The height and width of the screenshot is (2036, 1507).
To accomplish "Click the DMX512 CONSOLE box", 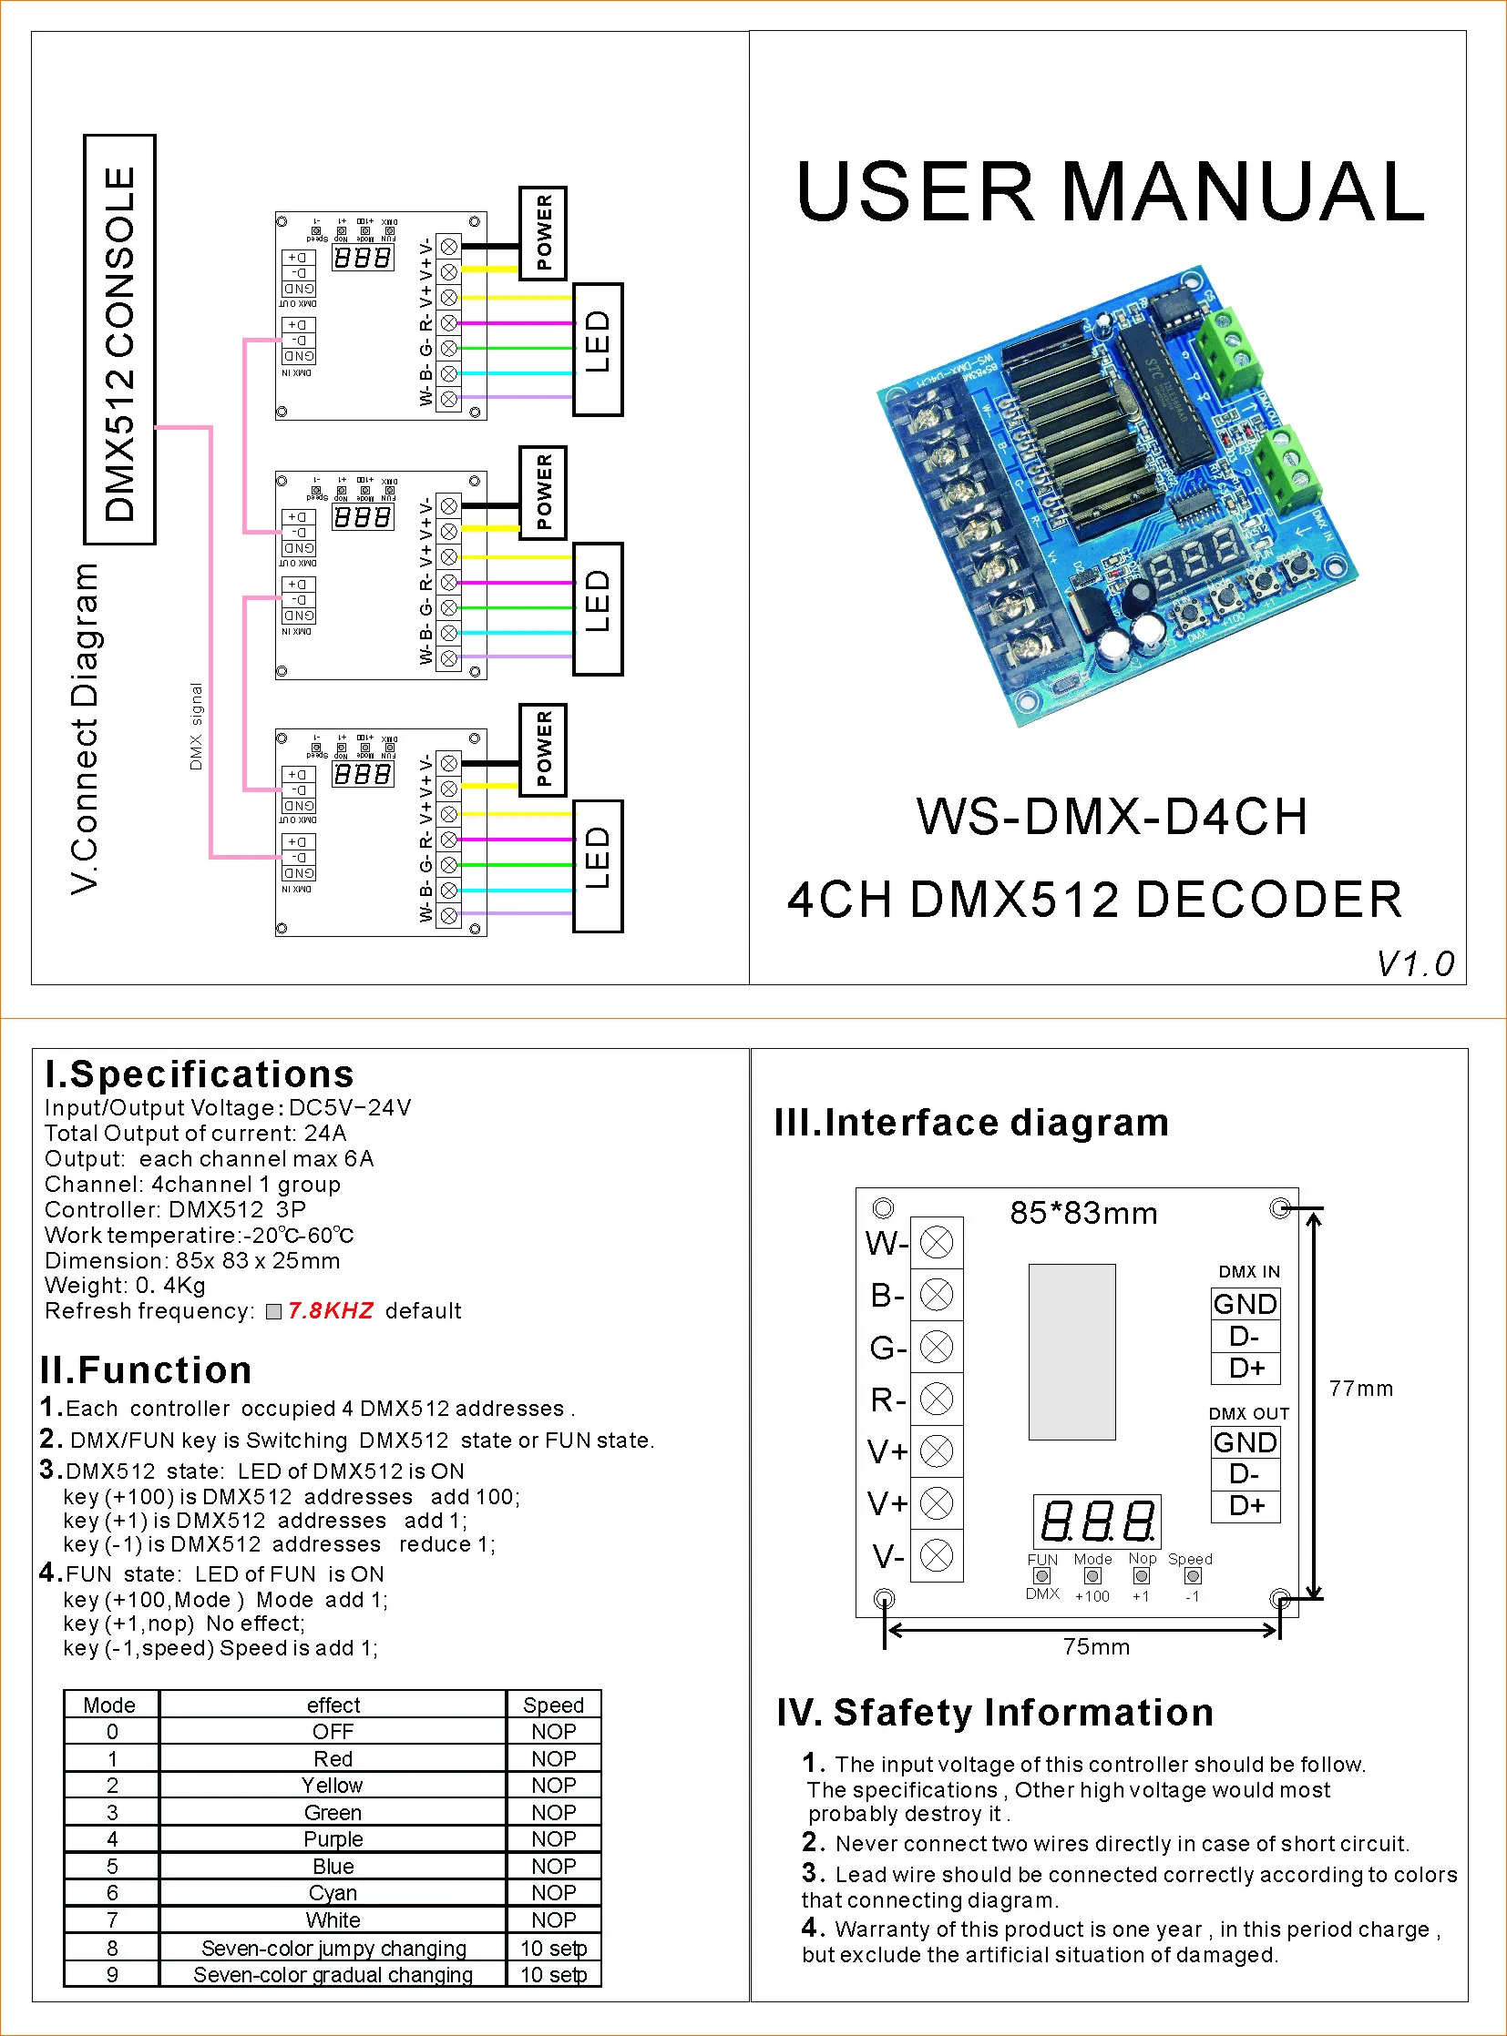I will click(119, 339).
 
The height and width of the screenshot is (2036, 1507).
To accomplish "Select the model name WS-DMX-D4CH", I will click(1111, 816).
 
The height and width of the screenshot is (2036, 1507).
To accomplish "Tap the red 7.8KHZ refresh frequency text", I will click(330, 1310).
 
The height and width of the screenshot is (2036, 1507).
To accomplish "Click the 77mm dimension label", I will click(1360, 1389).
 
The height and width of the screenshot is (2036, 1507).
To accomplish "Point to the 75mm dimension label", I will click(1095, 1646).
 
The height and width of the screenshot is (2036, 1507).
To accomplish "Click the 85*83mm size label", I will click(1082, 1214).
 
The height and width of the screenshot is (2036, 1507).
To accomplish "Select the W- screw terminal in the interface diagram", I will click(937, 1242).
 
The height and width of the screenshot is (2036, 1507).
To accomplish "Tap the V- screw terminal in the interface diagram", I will click(937, 1555).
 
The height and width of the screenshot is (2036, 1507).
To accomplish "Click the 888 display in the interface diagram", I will click(1096, 1521).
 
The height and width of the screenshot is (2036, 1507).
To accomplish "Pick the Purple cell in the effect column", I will click(333, 1839).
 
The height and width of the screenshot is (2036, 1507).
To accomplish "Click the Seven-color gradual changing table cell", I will click(333, 1975).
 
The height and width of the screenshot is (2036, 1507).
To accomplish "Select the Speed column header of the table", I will click(553, 1705).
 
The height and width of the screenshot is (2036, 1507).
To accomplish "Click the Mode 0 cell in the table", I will click(112, 1732).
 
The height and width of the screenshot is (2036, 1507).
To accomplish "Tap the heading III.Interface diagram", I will click(971, 1123).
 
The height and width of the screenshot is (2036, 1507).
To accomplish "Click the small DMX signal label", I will click(196, 727).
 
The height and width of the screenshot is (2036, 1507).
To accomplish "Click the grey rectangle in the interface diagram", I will click(1071, 1351).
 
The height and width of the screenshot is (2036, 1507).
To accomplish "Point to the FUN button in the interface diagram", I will click(1041, 1575).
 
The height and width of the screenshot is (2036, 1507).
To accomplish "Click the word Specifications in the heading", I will click(211, 1074).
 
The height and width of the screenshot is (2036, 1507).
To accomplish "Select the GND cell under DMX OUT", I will click(1246, 1442).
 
